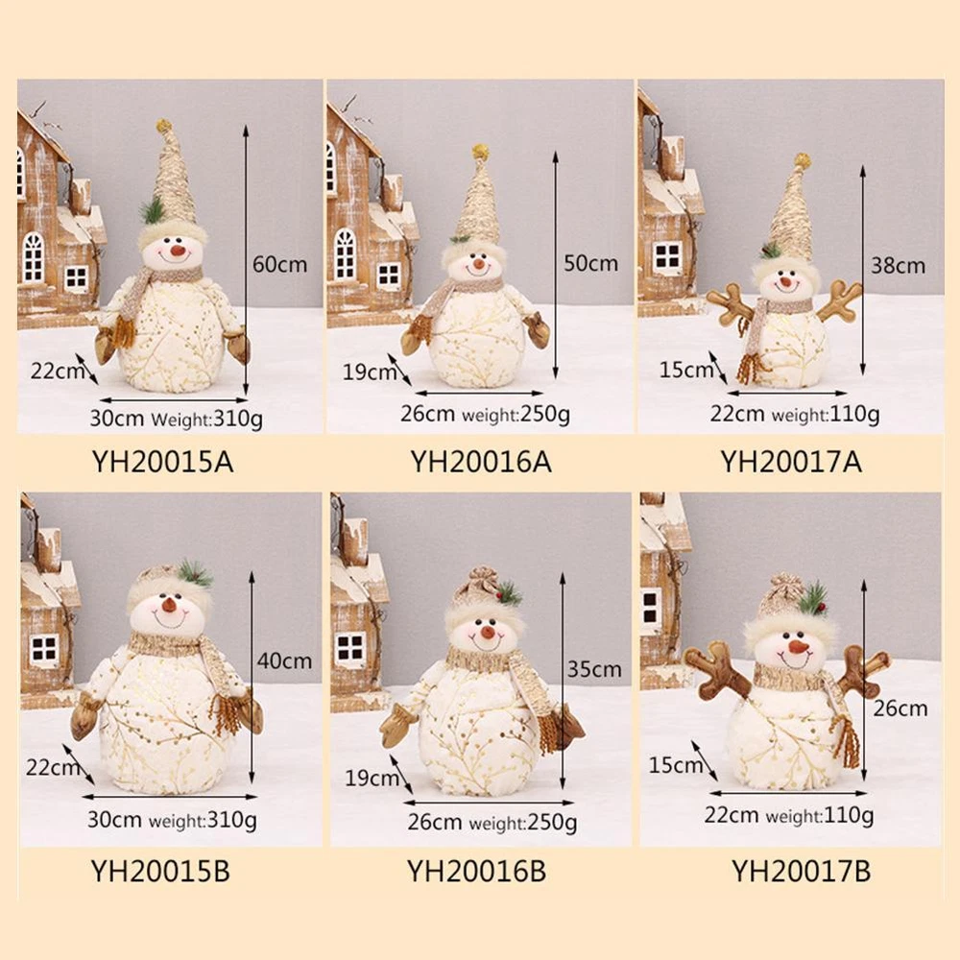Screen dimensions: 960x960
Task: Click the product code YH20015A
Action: pyautogui.click(x=163, y=462)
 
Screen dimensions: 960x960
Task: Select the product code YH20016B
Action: pyautogui.click(x=477, y=871)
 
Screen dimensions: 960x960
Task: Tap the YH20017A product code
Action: pyautogui.click(x=791, y=462)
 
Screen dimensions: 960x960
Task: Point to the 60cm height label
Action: pyautogui.click(x=279, y=264)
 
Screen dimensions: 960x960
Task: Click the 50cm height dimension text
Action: pyautogui.click(x=590, y=263)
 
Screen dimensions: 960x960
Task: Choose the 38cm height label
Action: pyautogui.click(x=899, y=265)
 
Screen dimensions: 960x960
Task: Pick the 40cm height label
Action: pyautogui.click(x=284, y=660)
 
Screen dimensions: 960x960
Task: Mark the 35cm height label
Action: pyautogui.click(x=594, y=668)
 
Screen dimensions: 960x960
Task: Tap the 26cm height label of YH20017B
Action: pyautogui.click(x=900, y=708)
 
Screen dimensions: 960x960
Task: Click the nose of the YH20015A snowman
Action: pyautogui.click(x=179, y=250)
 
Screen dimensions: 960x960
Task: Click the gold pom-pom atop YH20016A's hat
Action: pyautogui.click(x=480, y=152)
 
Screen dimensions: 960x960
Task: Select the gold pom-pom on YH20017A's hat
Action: pyautogui.click(x=802, y=161)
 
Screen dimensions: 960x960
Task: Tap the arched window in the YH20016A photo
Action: pyautogui.click(x=345, y=253)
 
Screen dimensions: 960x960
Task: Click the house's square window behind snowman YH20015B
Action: pyautogui.click(x=44, y=650)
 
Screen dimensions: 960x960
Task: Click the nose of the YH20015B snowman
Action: pyautogui.click(x=168, y=606)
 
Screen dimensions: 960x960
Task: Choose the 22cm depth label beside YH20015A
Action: pyautogui.click(x=57, y=371)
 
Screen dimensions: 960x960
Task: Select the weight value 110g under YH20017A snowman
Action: pyautogui.click(x=854, y=415)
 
